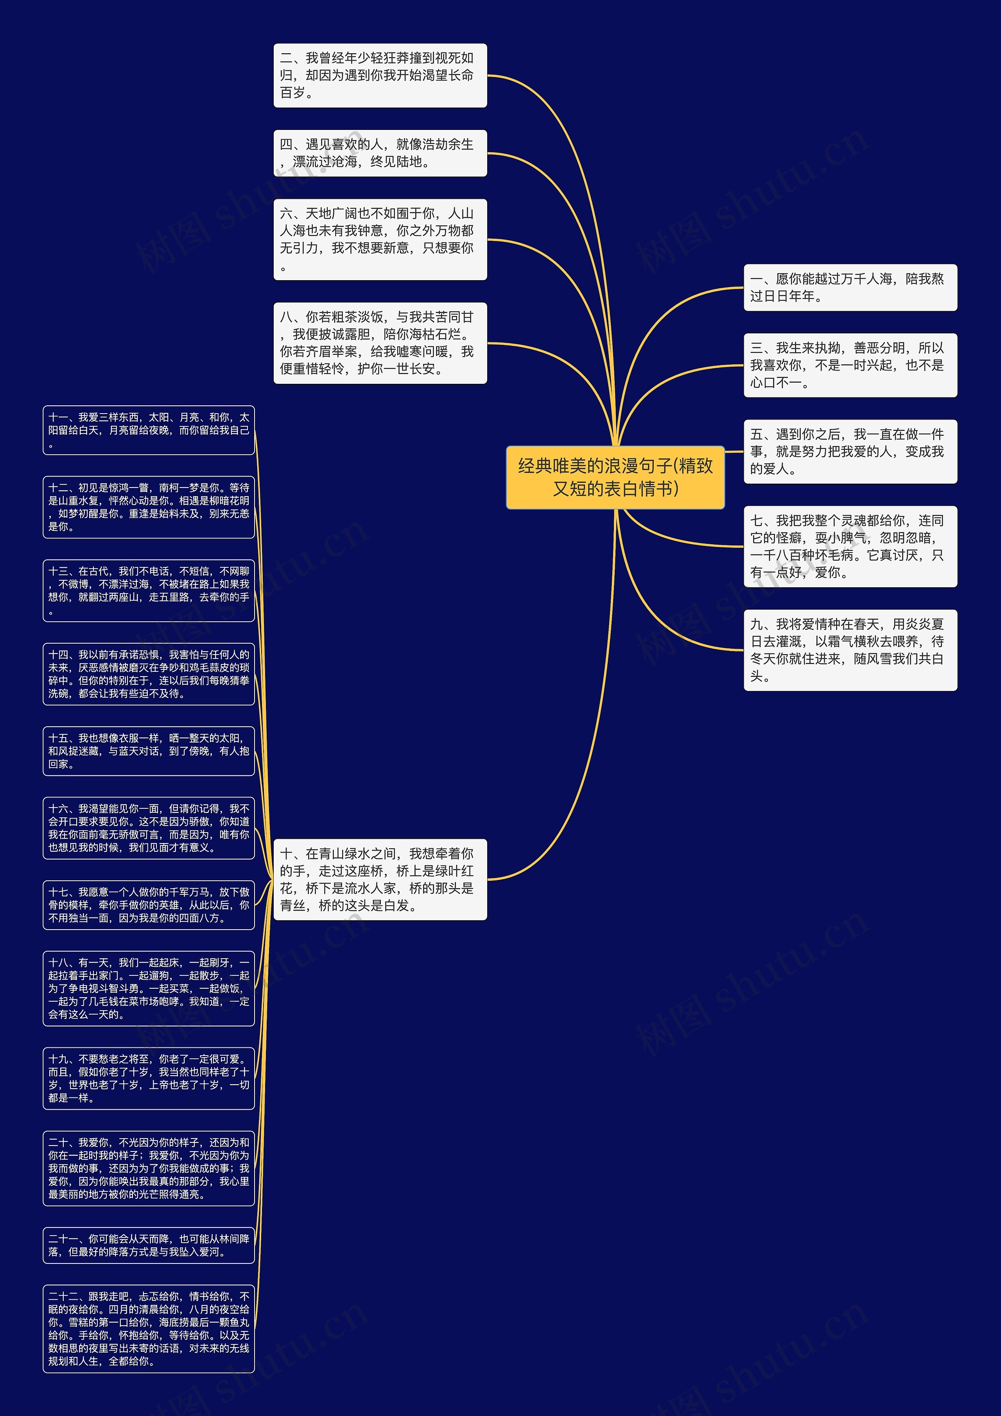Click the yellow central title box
click(x=615, y=477)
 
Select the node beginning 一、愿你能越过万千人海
click(x=850, y=288)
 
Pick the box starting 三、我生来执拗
click(x=850, y=365)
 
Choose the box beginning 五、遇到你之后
click(x=850, y=452)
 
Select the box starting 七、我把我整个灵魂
click(x=850, y=547)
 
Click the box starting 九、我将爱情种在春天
click(x=850, y=650)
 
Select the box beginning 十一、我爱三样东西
click(x=149, y=430)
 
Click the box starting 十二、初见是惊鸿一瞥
click(x=149, y=507)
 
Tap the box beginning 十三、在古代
click(x=149, y=590)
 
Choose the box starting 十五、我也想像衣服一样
click(x=149, y=750)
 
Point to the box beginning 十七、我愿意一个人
click(x=149, y=905)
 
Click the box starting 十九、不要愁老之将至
click(x=149, y=1078)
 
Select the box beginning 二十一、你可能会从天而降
click(x=149, y=1245)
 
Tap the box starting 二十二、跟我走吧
click(x=149, y=1328)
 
